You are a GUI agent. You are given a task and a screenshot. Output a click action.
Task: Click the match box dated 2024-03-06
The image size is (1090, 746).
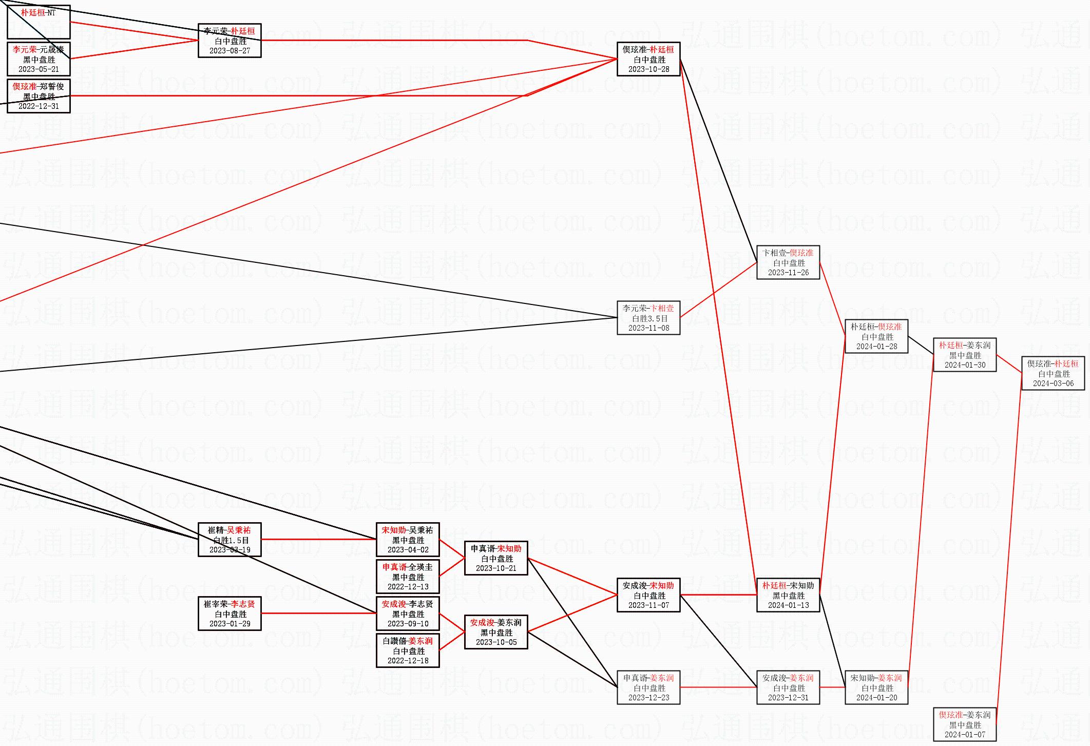(x=1053, y=373)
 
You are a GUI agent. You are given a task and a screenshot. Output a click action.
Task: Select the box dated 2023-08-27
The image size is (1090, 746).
(x=230, y=41)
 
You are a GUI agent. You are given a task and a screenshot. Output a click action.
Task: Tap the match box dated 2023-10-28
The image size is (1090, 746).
(x=648, y=59)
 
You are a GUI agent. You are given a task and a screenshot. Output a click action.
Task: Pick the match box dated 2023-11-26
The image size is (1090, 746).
(x=788, y=262)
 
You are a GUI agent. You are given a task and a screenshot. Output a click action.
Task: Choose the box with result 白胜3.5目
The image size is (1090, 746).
(x=648, y=318)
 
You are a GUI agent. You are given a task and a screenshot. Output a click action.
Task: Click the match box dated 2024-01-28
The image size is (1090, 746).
(x=876, y=336)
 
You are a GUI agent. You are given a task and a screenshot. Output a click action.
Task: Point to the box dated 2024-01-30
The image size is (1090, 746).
(x=965, y=355)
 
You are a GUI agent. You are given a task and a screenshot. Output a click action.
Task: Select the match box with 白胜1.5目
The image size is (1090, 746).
(x=230, y=540)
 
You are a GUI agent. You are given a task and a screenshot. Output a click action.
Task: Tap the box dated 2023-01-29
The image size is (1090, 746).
(x=230, y=614)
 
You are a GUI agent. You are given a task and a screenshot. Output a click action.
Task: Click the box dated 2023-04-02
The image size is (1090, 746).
(x=408, y=540)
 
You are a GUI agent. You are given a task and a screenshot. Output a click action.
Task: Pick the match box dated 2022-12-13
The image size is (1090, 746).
(x=408, y=577)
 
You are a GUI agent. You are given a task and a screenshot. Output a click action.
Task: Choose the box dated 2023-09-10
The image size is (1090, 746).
(x=408, y=614)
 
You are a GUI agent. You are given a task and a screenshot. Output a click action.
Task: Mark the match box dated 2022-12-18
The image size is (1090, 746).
(x=408, y=651)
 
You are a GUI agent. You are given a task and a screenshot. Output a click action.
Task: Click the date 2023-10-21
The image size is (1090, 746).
(x=496, y=568)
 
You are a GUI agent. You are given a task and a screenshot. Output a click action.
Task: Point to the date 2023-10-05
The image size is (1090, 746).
(x=496, y=642)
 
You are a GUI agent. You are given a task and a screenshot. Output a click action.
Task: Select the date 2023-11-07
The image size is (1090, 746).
(x=648, y=605)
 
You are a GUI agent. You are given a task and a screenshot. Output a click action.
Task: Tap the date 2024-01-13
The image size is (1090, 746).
(x=788, y=605)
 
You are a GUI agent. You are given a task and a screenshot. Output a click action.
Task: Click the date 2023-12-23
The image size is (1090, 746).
(x=648, y=698)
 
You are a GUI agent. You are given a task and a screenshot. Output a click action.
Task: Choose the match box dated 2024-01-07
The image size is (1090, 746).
(x=965, y=724)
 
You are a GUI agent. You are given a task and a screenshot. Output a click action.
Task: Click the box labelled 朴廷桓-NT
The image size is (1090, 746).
(x=39, y=22)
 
